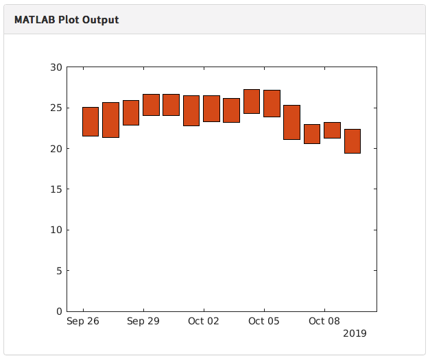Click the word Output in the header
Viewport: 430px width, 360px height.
pos(101,20)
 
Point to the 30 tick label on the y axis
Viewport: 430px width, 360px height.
pos(56,67)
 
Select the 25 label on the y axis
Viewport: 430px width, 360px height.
pos(56,108)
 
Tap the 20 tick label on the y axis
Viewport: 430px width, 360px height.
pos(56,149)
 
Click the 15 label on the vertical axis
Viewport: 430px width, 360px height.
pos(56,189)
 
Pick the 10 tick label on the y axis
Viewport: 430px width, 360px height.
pos(56,230)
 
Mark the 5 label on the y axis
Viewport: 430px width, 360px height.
pos(58,271)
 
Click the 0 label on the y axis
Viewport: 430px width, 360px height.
pos(58,311)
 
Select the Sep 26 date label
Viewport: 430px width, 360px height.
pos(82,321)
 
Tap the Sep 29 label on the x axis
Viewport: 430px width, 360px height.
pos(143,321)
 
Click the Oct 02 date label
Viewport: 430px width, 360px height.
pos(204,321)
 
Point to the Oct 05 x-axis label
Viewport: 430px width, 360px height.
pos(264,321)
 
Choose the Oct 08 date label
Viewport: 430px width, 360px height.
pos(324,321)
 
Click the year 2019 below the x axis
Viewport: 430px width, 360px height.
pos(355,334)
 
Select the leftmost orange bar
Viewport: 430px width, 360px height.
pos(91,121)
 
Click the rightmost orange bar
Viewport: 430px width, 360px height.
pos(353,141)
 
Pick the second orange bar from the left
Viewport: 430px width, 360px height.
pos(110,119)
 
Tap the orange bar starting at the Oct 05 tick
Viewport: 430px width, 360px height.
pos(272,103)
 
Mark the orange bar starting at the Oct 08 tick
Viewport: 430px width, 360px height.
pos(332,130)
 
